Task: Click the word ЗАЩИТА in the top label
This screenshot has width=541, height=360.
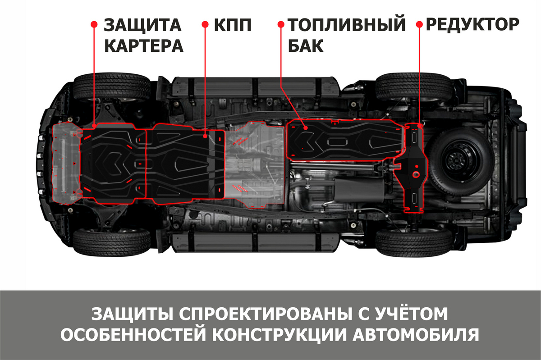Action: (x=142, y=25)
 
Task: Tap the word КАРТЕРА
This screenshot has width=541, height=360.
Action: (x=144, y=46)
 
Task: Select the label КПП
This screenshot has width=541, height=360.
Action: (x=233, y=25)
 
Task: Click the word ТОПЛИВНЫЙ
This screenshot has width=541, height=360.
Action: (x=347, y=25)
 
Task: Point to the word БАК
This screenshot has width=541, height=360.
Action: (x=306, y=46)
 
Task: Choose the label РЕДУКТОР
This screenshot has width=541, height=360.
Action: (x=472, y=24)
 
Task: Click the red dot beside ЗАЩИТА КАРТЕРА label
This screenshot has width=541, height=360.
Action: (x=94, y=24)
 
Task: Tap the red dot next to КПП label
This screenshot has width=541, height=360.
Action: (x=205, y=24)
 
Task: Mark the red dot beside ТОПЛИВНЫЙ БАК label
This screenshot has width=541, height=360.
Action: (x=281, y=24)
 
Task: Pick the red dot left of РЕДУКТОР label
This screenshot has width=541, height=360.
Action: (x=420, y=24)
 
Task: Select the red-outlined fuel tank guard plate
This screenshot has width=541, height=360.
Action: (x=345, y=140)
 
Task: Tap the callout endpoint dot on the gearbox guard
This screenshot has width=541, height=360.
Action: (x=205, y=137)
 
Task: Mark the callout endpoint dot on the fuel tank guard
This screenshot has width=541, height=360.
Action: (x=306, y=128)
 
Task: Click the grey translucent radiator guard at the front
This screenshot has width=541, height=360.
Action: (x=66, y=163)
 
